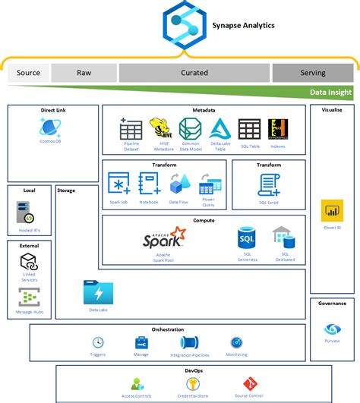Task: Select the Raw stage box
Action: click(x=84, y=74)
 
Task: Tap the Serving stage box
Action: click(x=312, y=74)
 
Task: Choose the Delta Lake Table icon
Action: click(x=219, y=128)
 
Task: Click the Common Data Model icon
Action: click(x=189, y=128)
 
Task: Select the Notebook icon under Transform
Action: click(x=149, y=184)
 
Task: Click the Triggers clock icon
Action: click(x=98, y=342)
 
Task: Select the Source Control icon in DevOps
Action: click(x=248, y=383)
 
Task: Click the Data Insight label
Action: click(x=331, y=92)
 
